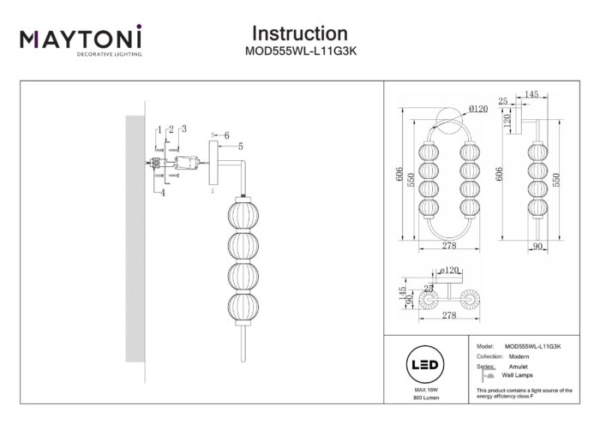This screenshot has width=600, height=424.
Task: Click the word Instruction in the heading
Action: point(299,33)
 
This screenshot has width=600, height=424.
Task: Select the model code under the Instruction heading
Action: point(299,51)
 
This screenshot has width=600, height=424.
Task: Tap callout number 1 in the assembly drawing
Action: point(159,128)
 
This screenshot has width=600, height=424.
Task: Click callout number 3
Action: point(183,128)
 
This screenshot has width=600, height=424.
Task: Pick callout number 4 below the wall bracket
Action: point(161,192)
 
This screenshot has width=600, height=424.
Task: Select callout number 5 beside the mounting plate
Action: point(240,146)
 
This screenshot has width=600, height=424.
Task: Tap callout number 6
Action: point(227,135)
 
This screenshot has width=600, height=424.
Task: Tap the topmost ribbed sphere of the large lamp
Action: point(241,213)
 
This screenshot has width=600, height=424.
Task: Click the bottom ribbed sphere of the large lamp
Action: point(241,306)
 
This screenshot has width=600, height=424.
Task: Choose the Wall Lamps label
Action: point(516,376)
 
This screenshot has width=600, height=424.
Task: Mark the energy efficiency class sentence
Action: point(524,393)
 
